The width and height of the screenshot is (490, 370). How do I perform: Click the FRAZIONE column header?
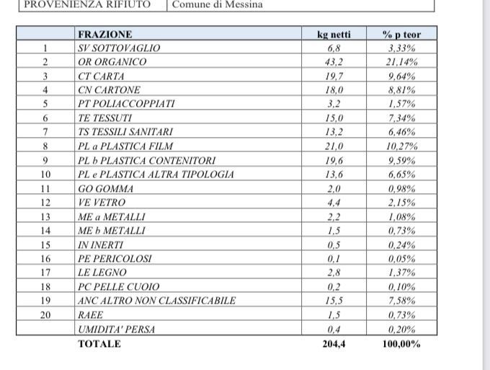click(x=104, y=34)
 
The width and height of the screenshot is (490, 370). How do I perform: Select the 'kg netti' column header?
click(x=334, y=34)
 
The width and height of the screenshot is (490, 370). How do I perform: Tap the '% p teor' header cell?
click(x=401, y=34)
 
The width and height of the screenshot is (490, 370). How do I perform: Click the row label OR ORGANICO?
click(x=112, y=62)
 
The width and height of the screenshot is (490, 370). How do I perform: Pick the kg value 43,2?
click(x=334, y=62)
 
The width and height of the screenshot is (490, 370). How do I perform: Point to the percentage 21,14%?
click(x=401, y=62)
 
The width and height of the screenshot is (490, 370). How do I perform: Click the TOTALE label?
click(x=99, y=344)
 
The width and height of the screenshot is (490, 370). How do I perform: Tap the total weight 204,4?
click(x=334, y=344)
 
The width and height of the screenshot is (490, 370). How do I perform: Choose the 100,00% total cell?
click(x=401, y=344)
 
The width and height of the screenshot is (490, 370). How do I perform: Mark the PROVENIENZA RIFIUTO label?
click(x=88, y=4)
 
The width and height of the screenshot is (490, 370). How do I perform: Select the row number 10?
click(x=45, y=175)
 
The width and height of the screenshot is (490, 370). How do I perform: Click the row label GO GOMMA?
click(x=104, y=189)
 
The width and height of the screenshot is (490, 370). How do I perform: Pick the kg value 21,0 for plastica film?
click(x=334, y=146)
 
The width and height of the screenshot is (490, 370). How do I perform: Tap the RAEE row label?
click(x=90, y=315)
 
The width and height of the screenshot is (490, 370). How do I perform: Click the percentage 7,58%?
click(x=401, y=301)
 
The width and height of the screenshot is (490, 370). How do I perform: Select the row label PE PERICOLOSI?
click(x=115, y=259)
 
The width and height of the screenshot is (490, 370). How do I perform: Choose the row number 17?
click(x=45, y=273)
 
